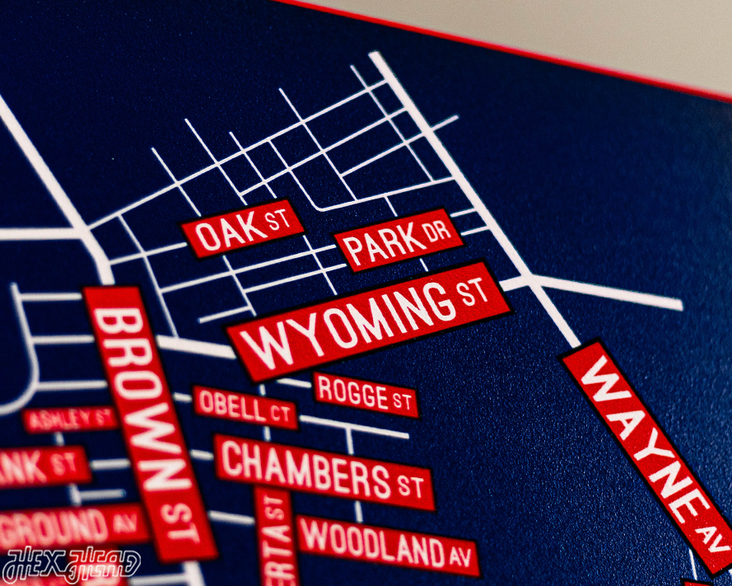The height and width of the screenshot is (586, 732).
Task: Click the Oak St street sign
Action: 242,228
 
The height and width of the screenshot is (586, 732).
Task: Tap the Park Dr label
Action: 399,240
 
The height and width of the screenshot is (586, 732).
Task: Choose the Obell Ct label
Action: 245,407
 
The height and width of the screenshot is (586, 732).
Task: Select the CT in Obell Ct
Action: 282,415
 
